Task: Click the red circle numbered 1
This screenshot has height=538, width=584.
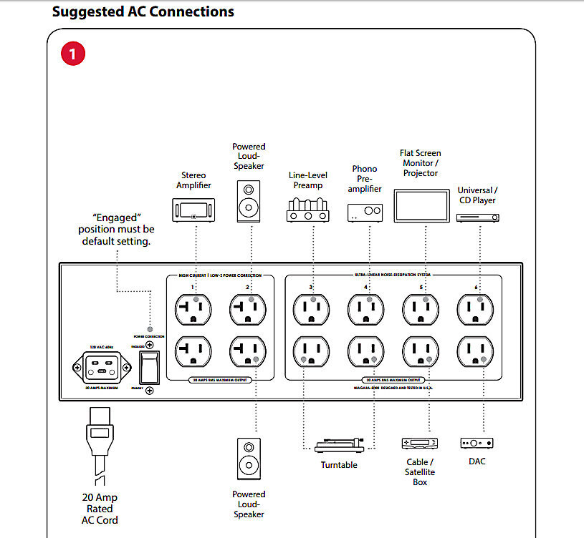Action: tap(73, 54)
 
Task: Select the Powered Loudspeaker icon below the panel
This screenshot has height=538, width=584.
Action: tap(249, 459)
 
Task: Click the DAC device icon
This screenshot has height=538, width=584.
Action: tap(477, 443)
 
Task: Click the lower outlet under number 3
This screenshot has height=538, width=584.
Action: tap(310, 352)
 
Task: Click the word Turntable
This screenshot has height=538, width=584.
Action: tap(339, 465)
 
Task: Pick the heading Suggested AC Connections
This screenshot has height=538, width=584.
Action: tap(143, 12)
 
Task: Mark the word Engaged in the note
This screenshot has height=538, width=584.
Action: tap(116, 217)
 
